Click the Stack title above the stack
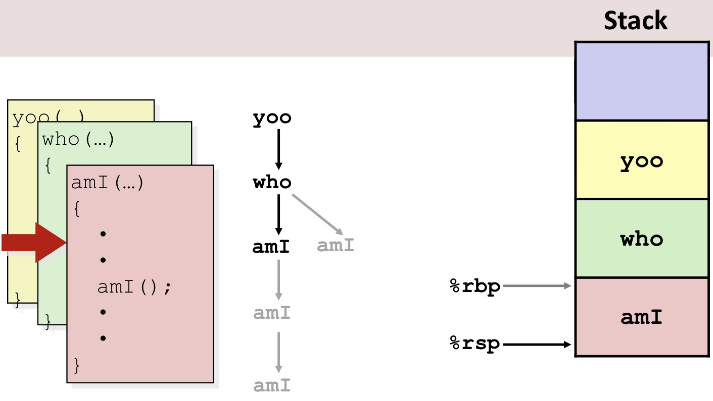click(x=635, y=21)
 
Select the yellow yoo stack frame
click(x=641, y=160)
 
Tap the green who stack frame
click(x=641, y=238)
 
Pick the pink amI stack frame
click(x=641, y=317)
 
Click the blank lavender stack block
click(x=641, y=81)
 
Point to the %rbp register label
click(x=475, y=286)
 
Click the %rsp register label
click(x=475, y=344)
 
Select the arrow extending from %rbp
click(x=537, y=286)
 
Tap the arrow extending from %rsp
click(x=537, y=345)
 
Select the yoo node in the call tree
click(x=272, y=118)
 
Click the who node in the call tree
click(x=272, y=182)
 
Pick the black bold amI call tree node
click(x=271, y=247)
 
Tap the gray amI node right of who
click(x=336, y=245)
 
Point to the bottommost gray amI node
click(x=272, y=385)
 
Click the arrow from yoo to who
click(x=278, y=149)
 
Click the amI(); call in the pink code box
click(x=135, y=287)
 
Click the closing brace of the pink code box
click(x=77, y=364)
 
